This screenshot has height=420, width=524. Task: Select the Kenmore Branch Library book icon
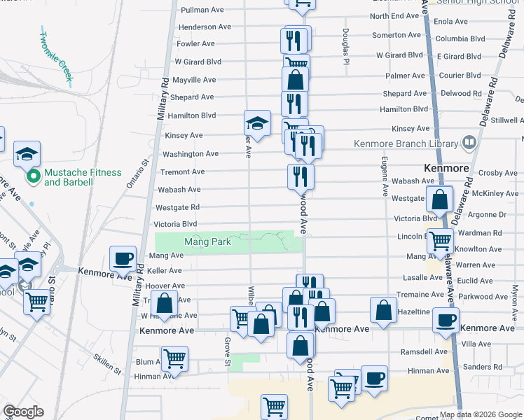469,143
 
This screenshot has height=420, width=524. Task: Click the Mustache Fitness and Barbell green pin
32,177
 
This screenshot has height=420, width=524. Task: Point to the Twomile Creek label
55,58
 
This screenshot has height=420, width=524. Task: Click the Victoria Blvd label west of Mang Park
175,224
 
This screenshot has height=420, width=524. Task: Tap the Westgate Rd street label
177,207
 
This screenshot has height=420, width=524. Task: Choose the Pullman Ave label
202,10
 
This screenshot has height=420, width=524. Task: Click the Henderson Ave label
205,27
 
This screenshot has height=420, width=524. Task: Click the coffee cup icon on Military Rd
123,258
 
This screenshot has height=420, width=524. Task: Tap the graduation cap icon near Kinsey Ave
257,123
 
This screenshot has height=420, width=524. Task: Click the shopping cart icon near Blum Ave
174,358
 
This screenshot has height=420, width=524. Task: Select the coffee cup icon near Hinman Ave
373,377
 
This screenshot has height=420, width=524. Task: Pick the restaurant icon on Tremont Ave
301,176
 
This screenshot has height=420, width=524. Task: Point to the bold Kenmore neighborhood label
446,169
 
